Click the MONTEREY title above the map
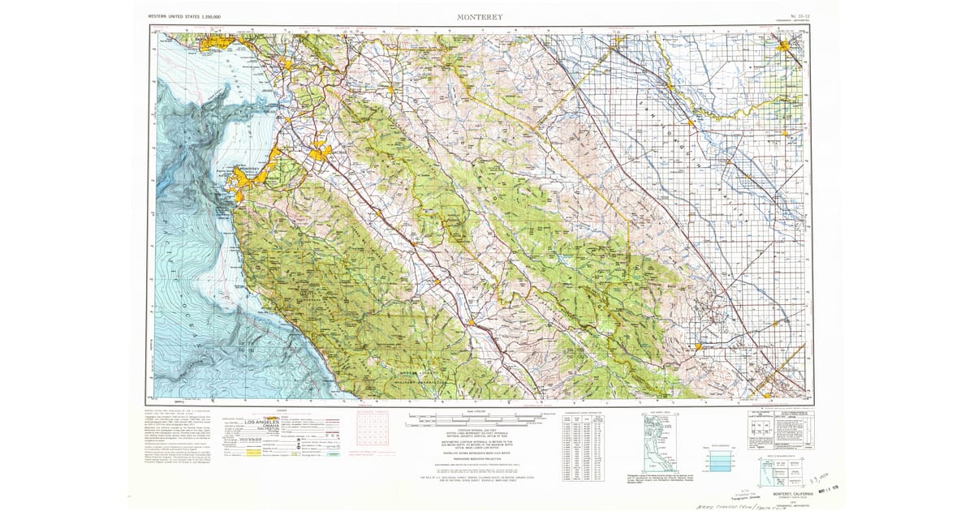coord(480,16)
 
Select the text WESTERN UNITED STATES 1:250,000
coord(184,16)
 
